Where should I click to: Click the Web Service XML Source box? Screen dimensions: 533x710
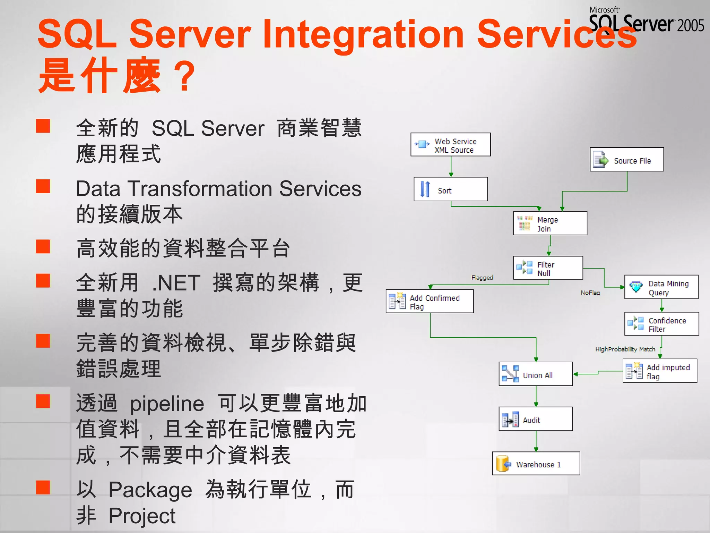click(x=450, y=145)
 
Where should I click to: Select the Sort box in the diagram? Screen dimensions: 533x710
click(x=450, y=189)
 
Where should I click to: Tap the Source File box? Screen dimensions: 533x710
click(x=626, y=160)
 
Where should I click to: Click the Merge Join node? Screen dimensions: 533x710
click(x=550, y=223)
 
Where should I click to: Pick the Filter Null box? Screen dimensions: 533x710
click(x=548, y=268)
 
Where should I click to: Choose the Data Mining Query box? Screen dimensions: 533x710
click(x=661, y=287)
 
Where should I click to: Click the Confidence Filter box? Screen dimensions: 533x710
click(x=661, y=324)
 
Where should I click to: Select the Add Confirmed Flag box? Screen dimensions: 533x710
click(x=430, y=302)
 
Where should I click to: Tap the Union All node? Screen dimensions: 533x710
click(x=536, y=374)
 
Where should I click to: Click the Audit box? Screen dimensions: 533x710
click(x=536, y=419)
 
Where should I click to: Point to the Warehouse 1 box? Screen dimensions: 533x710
click(x=536, y=464)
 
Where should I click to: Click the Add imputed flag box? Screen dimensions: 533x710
click(x=660, y=371)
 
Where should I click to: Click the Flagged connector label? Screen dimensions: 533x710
click(x=482, y=278)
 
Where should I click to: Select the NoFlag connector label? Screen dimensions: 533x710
click(x=590, y=293)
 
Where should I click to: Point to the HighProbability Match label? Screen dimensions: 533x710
click(x=625, y=349)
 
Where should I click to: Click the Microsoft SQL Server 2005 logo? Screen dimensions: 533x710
click(x=647, y=20)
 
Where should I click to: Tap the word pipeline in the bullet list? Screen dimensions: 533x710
click(x=167, y=404)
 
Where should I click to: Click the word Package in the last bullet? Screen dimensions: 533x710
click(x=150, y=490)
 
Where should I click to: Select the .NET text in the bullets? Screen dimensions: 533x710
click(x=176, y=283)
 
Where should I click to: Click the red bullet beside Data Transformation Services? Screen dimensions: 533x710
click(x=43, y=186)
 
